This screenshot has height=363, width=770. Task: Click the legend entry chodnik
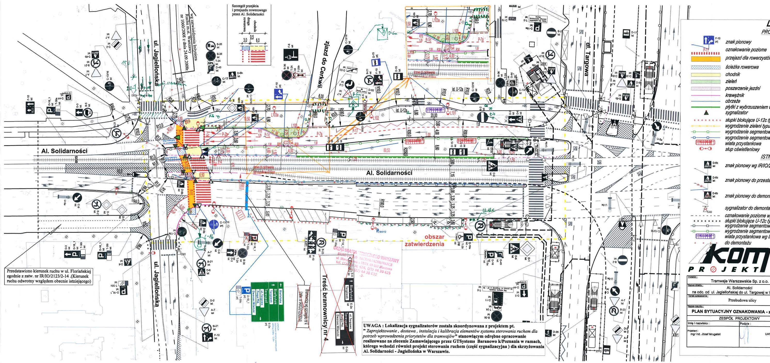tap(733, 74)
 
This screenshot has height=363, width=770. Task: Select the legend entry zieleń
tap(732, 81)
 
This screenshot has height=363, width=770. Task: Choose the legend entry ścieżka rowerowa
tap(742, 67)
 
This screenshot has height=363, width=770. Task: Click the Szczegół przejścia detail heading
tap(245, 10)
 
